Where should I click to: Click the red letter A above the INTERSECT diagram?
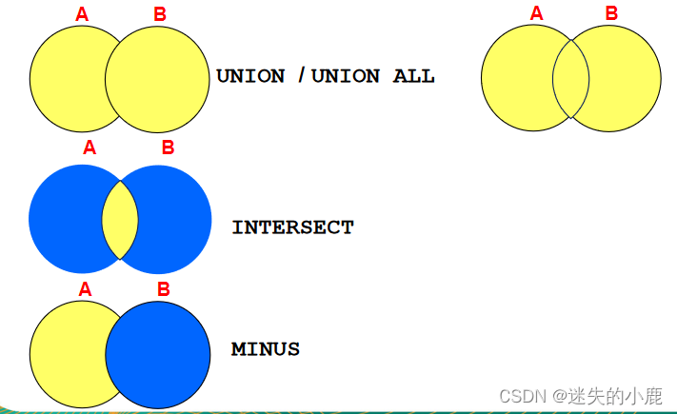point(90,148)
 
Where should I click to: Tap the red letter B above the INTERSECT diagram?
point(168,148)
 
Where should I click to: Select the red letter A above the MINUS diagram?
point(85,288)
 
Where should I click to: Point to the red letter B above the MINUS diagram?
point(163,288)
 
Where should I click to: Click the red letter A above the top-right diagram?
point(536,13)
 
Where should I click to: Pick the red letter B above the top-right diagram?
point(611,13)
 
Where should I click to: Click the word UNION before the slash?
point(250,76)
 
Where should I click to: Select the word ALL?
point(414,76)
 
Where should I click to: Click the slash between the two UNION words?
point(301,76)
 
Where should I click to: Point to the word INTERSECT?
point(292,227)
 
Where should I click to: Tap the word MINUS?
point(266,349)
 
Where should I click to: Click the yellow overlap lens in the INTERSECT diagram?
point(120,218)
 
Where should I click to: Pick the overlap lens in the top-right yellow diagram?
point(571,78)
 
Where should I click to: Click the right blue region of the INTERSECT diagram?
point(175,218)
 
